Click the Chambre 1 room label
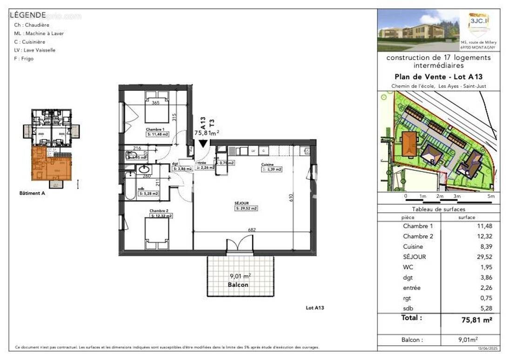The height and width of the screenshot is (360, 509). (155, 129)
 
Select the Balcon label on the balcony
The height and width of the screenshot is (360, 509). (238, 284)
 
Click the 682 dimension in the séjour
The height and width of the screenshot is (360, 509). (252, 230)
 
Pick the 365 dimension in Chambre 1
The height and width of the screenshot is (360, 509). (156, 102)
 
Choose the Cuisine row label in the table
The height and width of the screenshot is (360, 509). (413, 246)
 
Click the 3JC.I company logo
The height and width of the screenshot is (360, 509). (477, 24)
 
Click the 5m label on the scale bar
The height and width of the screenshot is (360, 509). (491, 197)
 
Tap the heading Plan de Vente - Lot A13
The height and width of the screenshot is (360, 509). (439, 77)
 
